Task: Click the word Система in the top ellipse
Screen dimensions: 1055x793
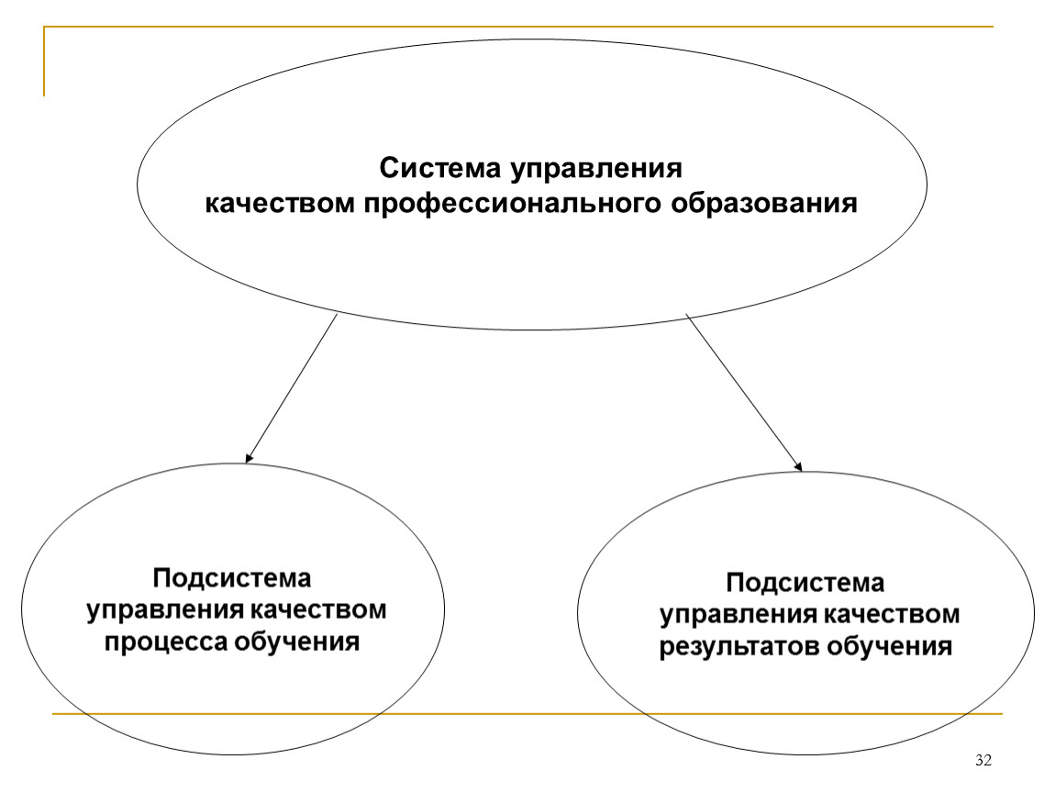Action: [x=440, y=168]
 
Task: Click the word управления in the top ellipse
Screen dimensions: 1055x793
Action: [x=596, y=168]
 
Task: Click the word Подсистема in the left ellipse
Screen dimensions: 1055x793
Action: [x=232, y=577]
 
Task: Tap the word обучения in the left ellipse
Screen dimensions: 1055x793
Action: [x=296, y=641]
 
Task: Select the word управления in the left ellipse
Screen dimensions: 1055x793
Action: [x=165, y=610]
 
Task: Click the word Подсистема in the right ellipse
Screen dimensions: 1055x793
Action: [x=805, y=582]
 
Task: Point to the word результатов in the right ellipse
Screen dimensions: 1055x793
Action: [x=738, y=647]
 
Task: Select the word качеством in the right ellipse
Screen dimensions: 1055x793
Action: [x=893, y=615]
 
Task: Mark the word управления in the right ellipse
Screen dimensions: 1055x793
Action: [x=738, y=615]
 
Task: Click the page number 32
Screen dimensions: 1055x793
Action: [x=983, y=761]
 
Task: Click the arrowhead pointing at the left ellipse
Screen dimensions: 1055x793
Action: [x=249, y=458]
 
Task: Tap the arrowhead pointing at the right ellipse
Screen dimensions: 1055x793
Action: [x=799, y=466]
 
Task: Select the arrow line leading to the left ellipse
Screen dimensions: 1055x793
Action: [x=292, y=389]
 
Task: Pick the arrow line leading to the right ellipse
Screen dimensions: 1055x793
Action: [x=744, y=392]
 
